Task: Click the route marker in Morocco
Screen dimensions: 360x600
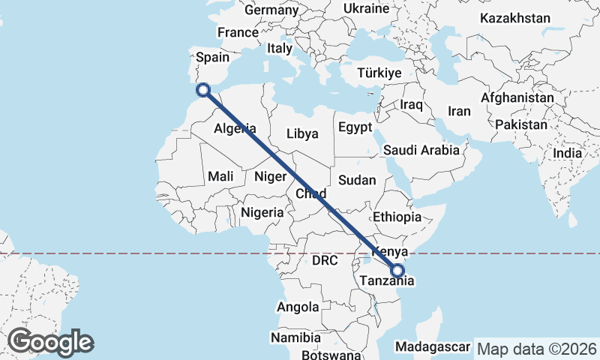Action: pos(202,90)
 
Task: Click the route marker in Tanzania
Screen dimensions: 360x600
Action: pos(397,271)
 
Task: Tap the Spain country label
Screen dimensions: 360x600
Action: pos(212,57)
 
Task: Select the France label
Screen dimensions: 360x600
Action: pos(238,32)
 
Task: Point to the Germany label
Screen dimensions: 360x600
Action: pos(271,10)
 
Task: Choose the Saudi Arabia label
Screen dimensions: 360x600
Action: pos(421,150)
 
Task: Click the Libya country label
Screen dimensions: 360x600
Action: pos(302,133)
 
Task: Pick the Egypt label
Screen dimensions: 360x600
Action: pos(355,127)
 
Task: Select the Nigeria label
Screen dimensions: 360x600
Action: pos(262,212)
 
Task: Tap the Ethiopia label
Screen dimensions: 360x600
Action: pos(397,217)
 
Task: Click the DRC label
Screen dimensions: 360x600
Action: pos(326,261)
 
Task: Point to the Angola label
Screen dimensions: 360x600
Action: pos(298,307)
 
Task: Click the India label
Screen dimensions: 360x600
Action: pos(568,153)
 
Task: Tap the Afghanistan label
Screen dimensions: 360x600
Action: pos(517,98)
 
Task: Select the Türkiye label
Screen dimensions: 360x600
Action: pos(380,73)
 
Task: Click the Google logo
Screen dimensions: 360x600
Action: pos(50,342)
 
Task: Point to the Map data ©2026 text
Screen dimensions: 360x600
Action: pos(537,349)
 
